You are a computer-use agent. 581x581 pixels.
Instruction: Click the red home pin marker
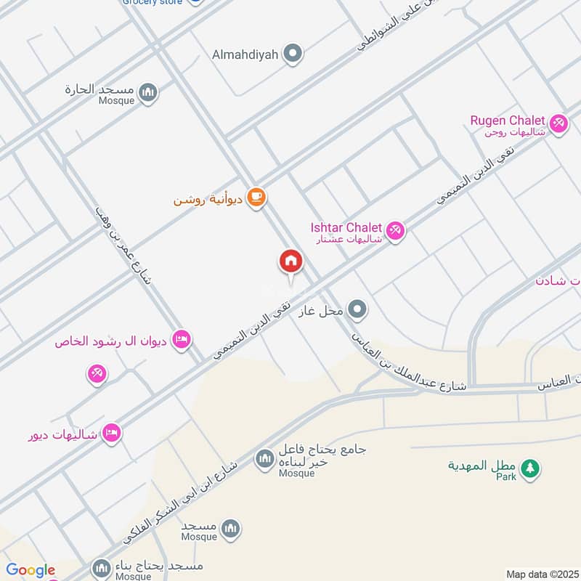[x=290, y=261]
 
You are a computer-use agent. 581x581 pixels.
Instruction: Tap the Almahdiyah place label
[x=246, y=54]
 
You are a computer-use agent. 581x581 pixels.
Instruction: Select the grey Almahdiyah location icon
[x=293, y=53]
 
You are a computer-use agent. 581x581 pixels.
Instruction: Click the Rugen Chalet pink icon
[x=558, y=123]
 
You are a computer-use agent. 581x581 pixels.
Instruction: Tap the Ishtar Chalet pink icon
[x=396, y=231]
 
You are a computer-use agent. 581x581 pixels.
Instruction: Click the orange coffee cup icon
[x=256, y=198]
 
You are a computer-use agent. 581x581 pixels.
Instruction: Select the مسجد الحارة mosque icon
[x=148, y=92]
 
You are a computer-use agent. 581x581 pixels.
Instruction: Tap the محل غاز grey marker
[x=357, y=311]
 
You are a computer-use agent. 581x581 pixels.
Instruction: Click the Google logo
[x=31, y=571]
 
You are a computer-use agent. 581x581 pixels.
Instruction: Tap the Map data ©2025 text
[x=541, y=574]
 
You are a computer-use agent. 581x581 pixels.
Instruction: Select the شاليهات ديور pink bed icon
[x=111, y=434]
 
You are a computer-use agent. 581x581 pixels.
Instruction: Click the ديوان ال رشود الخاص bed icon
[x=182, y=339]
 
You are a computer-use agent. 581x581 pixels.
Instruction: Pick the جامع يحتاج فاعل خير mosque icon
[x=263, y=458]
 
